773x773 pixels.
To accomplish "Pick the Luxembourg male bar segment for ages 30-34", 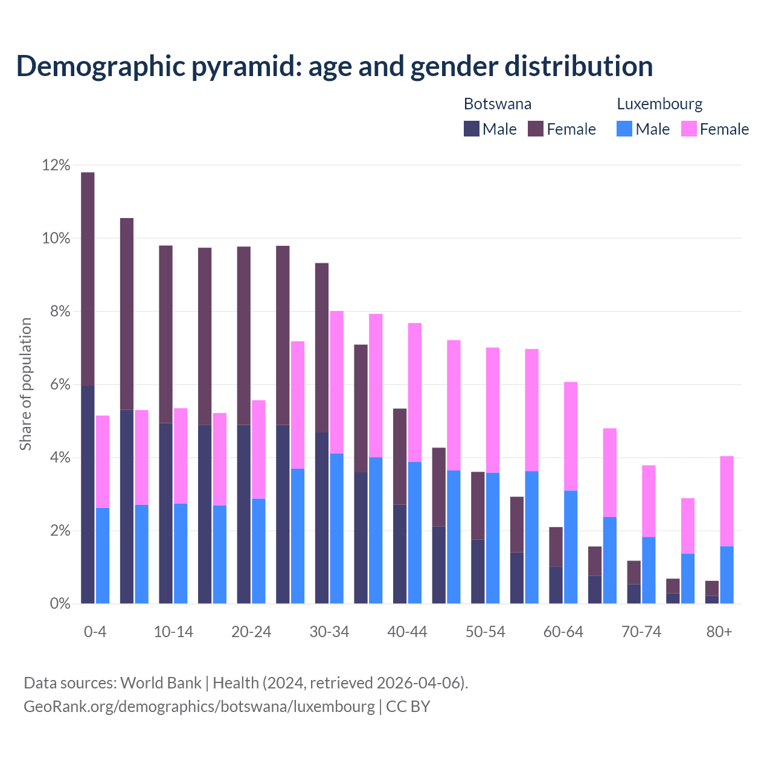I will pyautogui.click(x=337, y=528).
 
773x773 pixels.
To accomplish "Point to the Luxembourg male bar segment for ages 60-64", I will pyautogui.click(x=571, y=547).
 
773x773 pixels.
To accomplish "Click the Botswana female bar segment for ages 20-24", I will pyautogui.click(x=244, y=336).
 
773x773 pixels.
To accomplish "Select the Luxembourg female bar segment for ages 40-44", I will pyautogui.click(x=415, y=393).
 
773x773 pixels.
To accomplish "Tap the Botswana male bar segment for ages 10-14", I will pyautogui.click(x=165, y=513).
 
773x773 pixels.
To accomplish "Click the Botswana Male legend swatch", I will pyautogui.click(x=471, y=129).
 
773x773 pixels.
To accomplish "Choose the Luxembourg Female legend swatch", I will pyautogui.click(x=688, y=129).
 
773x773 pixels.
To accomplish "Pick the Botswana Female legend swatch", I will pyautogui.click(x=536, y=129).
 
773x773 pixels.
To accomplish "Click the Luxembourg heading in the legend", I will pyautogui.click(x=659, y=104).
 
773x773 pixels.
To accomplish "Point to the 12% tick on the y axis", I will pyautogui.click(x=56, y=165).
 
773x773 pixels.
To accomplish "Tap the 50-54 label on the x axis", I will pyautogui.click(x=486, y=632).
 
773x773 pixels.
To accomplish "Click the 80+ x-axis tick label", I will pyautogui.click(x=719, y=632).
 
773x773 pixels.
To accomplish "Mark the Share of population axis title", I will pyautogui.click(x=26, y=384).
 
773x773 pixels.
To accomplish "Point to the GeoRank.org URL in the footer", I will pyautogui.click(x=199, y=706).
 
